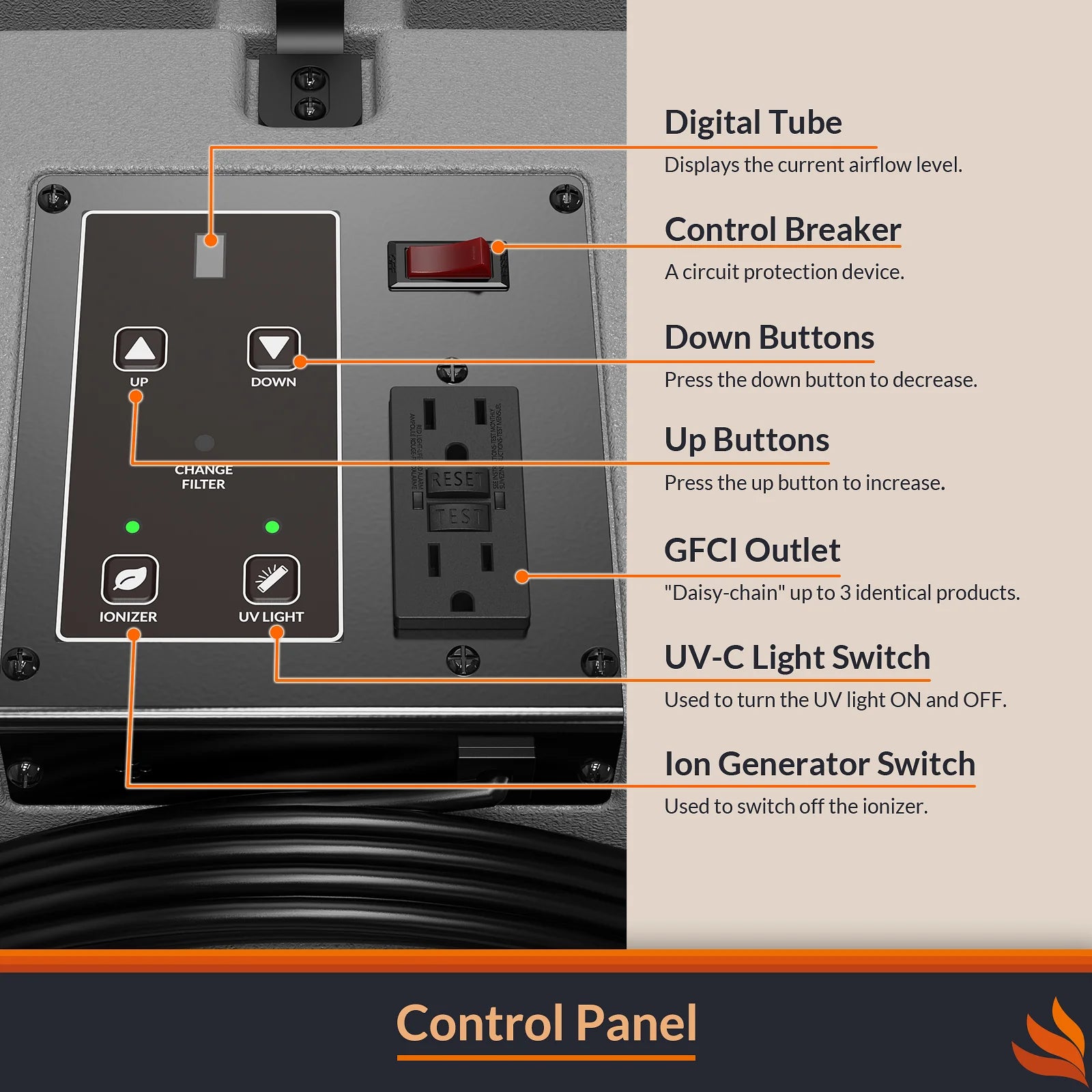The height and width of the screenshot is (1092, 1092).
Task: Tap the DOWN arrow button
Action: coord(274,348)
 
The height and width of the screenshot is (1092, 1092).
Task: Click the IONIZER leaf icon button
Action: coord(130,579)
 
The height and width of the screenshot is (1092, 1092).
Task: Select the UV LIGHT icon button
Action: coord(272,579)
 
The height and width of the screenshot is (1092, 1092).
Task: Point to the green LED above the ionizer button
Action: coord(132,527)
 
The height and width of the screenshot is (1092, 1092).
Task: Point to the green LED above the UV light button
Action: coord(272,527)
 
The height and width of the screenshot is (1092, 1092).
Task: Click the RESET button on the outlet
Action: coord(457,480)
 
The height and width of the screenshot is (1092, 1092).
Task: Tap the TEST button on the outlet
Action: coord(457,517)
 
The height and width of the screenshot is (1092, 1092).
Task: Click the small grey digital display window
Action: coord(210,256)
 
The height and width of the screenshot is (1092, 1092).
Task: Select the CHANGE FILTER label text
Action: coord(203,477)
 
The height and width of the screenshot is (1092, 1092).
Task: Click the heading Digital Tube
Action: coord(753,123)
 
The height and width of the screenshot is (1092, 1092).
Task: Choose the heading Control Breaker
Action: coord(783,230)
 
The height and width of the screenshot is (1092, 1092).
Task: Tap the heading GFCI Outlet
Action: coord(752,550)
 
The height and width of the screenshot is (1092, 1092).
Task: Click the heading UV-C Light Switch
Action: coord(797,658)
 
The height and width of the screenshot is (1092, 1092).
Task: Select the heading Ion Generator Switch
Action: coord(820,764)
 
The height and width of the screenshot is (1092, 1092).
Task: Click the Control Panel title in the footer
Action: coord(546,1024)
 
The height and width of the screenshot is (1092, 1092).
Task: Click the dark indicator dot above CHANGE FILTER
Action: coord(204,443)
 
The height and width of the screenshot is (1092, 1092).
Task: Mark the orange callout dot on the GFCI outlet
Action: coord(522,577)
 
